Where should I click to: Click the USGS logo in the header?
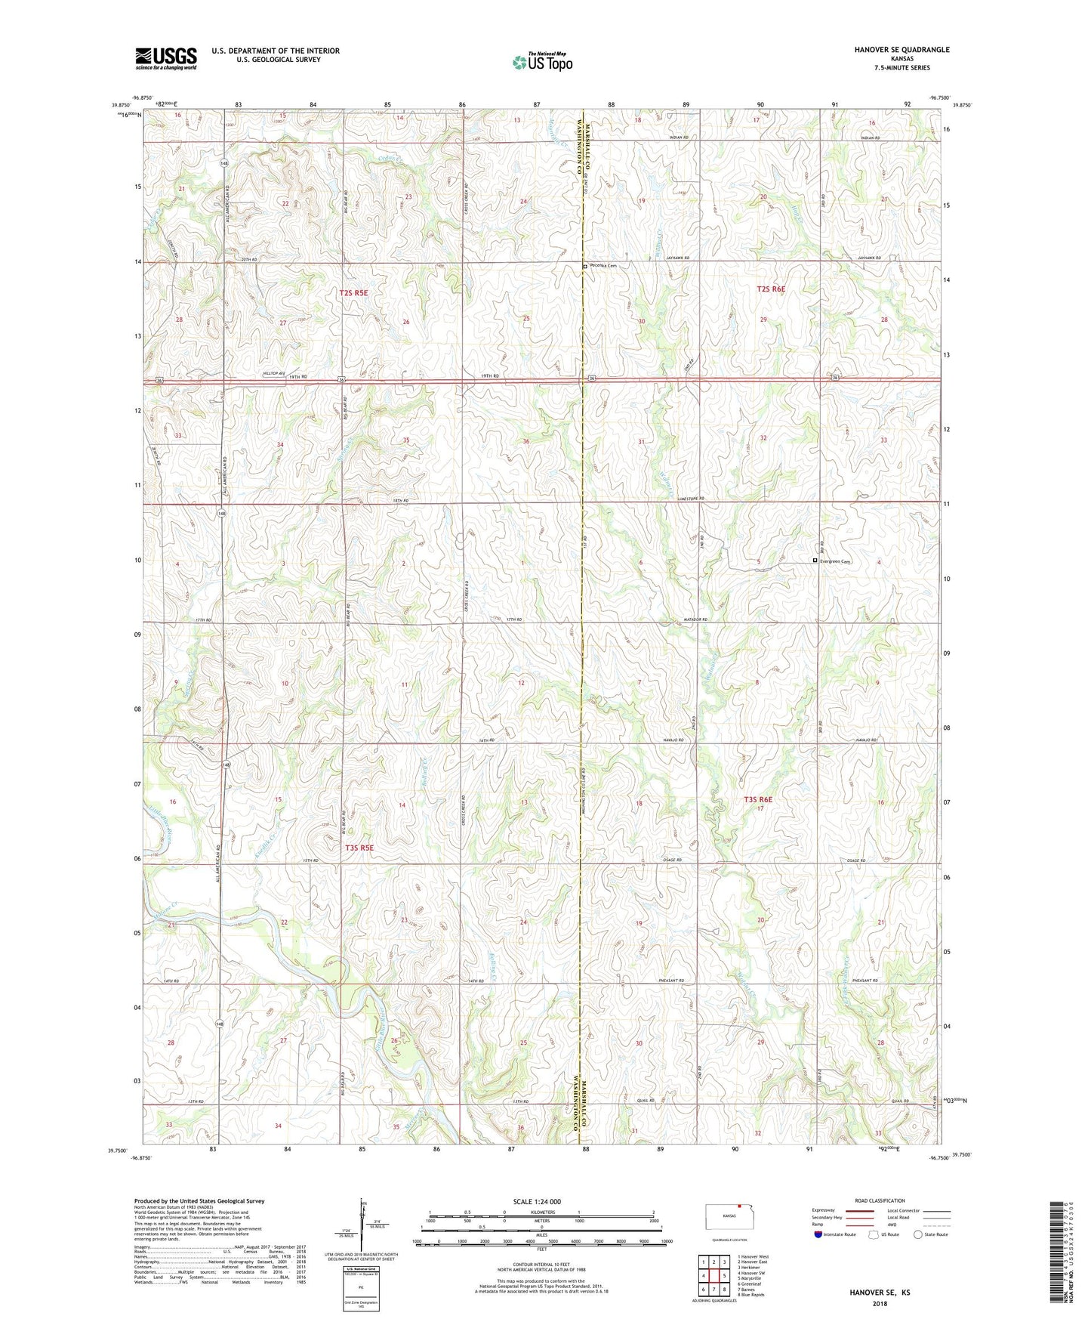(166, 57)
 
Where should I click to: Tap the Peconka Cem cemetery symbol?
(584, 266)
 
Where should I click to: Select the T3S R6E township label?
(758, 799)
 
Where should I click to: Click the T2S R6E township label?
(771, 289)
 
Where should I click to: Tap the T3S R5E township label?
(359, 848)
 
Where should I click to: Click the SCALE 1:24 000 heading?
(536, 1201)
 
